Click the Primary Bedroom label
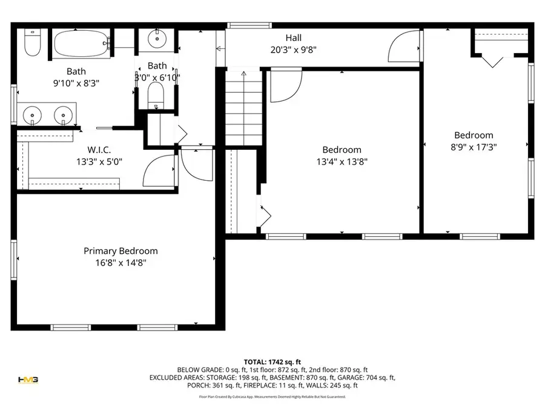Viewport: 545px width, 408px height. point(121,251)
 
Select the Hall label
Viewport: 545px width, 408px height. point(294,38)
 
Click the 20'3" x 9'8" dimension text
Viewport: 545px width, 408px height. point(294,51)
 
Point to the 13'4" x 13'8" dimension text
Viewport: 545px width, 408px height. point(342,161)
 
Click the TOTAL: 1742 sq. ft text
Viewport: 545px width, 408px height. point(272,361)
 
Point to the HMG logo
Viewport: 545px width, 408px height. point(28,380)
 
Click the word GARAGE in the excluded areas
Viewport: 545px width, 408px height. point(359,377)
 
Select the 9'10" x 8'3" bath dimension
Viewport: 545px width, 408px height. point(75,83)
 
